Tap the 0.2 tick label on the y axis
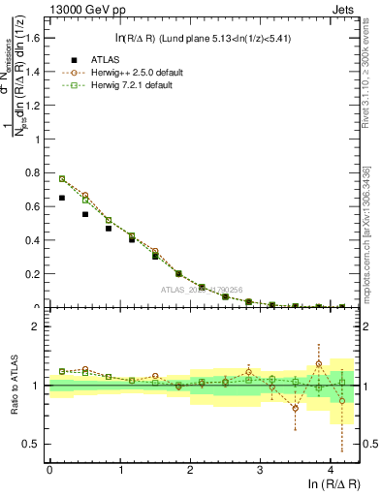(x=33, y=274)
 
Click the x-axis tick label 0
(x=49, y=470)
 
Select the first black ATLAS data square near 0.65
(x=62, y=198)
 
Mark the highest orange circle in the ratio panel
(x=319, y=364)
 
